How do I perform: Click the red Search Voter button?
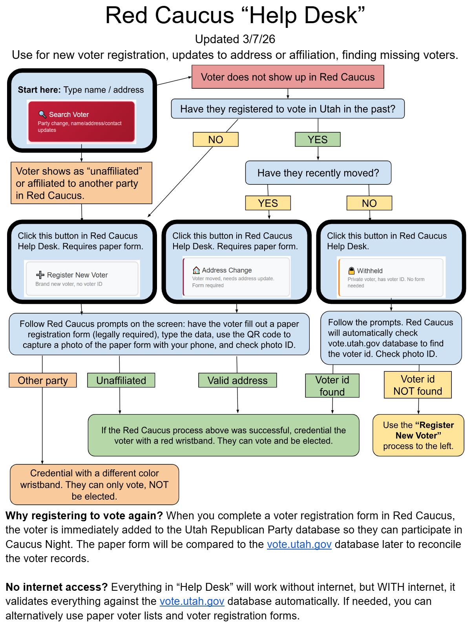coord(81,121)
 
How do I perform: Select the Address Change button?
coord(237,277)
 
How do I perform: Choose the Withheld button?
coord(391,278)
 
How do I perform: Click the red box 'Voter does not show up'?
coord(288,77)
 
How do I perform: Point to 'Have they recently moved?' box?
coord(318,173)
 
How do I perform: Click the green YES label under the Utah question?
coord(318,139)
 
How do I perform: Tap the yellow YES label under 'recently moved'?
coord(268,203)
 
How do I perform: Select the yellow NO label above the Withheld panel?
coord(369,203)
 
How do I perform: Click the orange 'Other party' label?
coord(43,380)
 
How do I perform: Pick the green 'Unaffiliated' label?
coord(121,380)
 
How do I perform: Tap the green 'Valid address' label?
coord(237,380)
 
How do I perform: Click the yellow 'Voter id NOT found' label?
coord(418,385)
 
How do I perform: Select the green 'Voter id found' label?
coord(332,385)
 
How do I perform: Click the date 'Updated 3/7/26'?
coord(235,39)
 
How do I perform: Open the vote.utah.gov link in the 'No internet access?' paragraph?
coord(192,601)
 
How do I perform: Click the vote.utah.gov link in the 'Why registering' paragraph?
coord(299,544)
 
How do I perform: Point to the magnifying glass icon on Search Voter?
coord(42,114)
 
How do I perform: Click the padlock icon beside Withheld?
coord(351,271)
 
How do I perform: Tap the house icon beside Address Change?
coord(196,270)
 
